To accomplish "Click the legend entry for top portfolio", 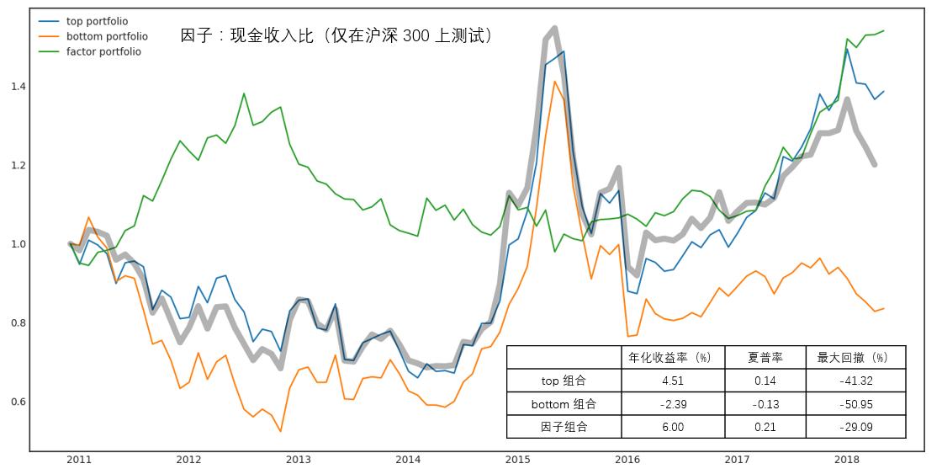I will point(96,21).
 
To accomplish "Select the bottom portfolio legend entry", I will point(105,36).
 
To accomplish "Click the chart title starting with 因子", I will point(336,35).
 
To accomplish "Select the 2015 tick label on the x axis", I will point(517,460).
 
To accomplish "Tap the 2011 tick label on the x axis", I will point(78,460).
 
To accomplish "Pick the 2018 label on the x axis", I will point(846,460).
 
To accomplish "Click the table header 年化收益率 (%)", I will point(672,357).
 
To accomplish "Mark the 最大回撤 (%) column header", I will point(855,357).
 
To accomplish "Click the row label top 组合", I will point(564,381).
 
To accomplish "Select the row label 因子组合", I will point(564,427).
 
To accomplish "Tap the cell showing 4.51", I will point(672,381).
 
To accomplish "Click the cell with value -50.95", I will point(855,404).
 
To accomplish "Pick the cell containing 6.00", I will point(672,427).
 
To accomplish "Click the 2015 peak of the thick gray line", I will point(553,29).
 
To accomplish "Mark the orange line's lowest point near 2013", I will point(280,431).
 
